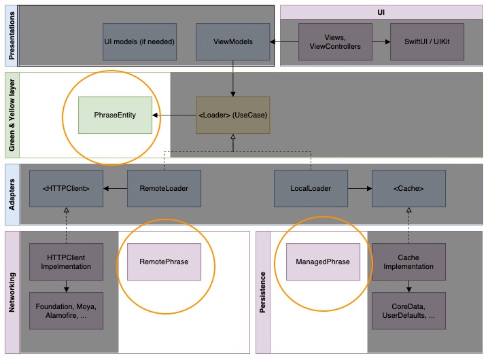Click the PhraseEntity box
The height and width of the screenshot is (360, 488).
click(115, 115)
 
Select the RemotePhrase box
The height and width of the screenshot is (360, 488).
click(164, 262)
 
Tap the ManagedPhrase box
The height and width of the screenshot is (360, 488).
click(323, 262)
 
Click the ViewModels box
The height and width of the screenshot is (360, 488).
click(233, 41)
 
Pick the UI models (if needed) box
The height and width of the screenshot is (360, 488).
click(139, 41)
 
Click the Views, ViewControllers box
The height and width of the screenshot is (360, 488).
click(335, 41)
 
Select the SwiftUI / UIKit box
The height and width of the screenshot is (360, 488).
click(427, 41)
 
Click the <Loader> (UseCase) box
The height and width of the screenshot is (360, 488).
click(233, 115)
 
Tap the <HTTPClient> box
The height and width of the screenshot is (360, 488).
click(66, 188)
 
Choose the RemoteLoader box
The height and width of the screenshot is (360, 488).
click(164, 188)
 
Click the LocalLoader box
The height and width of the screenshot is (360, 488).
click(311, 188)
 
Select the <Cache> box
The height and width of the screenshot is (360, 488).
click(408, 188)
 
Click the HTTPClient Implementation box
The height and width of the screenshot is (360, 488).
click(66, 262)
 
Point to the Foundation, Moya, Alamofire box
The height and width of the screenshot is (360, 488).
click(66, 310)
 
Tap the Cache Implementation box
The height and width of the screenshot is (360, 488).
click(408, 262)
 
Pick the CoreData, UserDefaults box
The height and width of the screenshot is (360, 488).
click(408, 310)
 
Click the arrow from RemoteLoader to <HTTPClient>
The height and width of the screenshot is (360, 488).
click(115, 188)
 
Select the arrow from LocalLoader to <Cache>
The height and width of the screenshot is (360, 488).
click(360, 188)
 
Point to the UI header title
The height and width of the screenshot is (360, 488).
click(381, 12)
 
